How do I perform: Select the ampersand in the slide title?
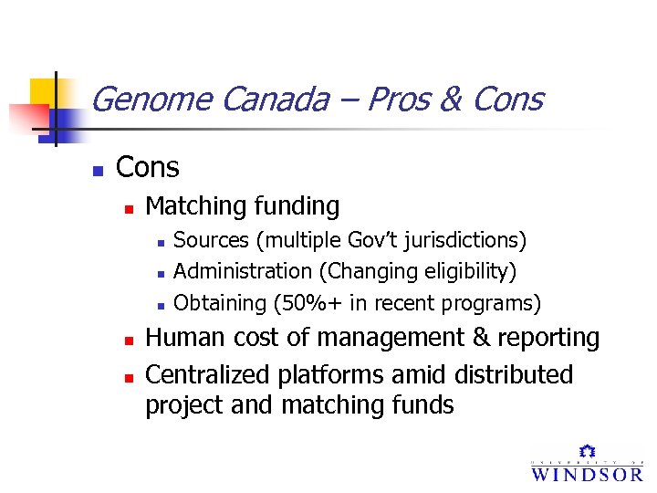pos(449,99)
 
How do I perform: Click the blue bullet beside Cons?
pos(99,170)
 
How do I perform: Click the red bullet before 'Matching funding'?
pos(129,209)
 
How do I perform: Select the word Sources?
pos(211,240)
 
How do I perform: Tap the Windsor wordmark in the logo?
pos(587,473)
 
